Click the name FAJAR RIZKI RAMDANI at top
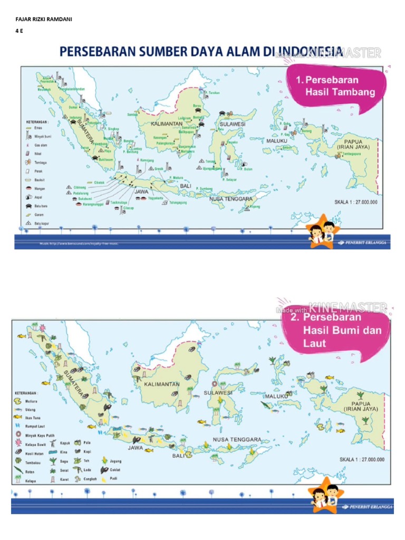(44, 20)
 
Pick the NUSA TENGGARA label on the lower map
(237, 439)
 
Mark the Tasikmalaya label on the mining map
(121, 202)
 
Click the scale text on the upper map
(359, 202)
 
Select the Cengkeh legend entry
(90, 479)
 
